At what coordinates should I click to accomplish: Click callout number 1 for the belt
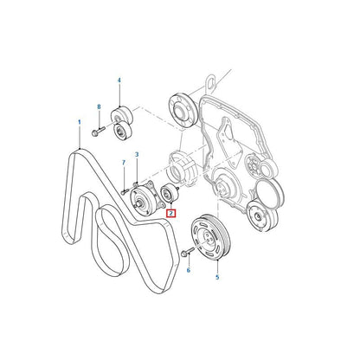coord(80,123)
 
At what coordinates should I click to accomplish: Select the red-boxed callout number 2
coord(171,214)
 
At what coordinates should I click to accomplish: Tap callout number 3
coord(137,155)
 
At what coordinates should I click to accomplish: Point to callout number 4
coord(119,80)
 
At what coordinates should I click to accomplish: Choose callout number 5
coord(217,277)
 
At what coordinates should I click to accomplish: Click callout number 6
coord(189,270)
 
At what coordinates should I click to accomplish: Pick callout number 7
coord(124,163)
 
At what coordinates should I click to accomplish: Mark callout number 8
coord(99,107)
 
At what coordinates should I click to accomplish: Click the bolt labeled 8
coord(98,132)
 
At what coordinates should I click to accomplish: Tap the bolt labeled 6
coord(187,252)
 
